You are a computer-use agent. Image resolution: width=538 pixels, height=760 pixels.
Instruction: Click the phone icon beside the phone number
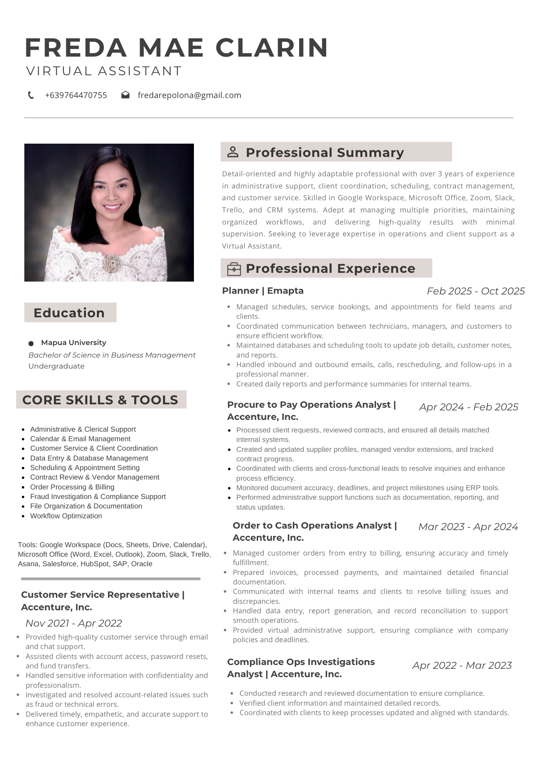(31, 95)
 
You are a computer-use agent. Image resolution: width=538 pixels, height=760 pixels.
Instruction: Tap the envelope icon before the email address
(125, 95)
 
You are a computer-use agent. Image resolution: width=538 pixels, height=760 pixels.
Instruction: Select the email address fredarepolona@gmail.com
(189, 95)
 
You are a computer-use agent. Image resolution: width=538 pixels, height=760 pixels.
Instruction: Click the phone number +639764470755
(76, 95)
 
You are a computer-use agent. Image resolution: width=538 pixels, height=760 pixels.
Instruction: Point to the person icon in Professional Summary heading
(233, 152)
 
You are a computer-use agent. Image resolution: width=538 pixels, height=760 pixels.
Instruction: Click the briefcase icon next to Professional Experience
(234, 269)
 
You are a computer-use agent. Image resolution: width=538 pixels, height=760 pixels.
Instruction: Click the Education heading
(69, 313)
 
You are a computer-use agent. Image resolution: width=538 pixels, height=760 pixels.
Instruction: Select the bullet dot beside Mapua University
(31, 344)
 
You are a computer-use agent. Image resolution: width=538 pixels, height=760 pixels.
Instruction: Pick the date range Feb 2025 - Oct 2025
(476, 291)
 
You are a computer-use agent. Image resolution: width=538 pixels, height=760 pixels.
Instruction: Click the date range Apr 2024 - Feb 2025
(468, 407)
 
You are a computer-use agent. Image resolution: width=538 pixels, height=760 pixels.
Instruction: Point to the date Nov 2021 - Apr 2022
(74, 623)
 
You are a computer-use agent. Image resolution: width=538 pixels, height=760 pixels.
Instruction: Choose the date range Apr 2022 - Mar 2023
(462, 665)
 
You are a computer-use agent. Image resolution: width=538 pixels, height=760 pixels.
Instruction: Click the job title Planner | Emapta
(263, 291)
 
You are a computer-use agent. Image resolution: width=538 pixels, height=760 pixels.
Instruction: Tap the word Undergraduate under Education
(57, 366)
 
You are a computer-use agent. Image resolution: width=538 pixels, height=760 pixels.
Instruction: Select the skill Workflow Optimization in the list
(66, 516)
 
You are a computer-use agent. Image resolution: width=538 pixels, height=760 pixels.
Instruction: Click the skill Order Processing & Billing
(72, 487)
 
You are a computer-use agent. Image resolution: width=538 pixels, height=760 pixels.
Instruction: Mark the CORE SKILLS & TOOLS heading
(100, 400)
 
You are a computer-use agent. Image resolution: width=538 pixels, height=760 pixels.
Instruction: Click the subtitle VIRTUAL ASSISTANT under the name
(104, 71)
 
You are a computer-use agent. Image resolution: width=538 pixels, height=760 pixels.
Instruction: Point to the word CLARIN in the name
(272, 48)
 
